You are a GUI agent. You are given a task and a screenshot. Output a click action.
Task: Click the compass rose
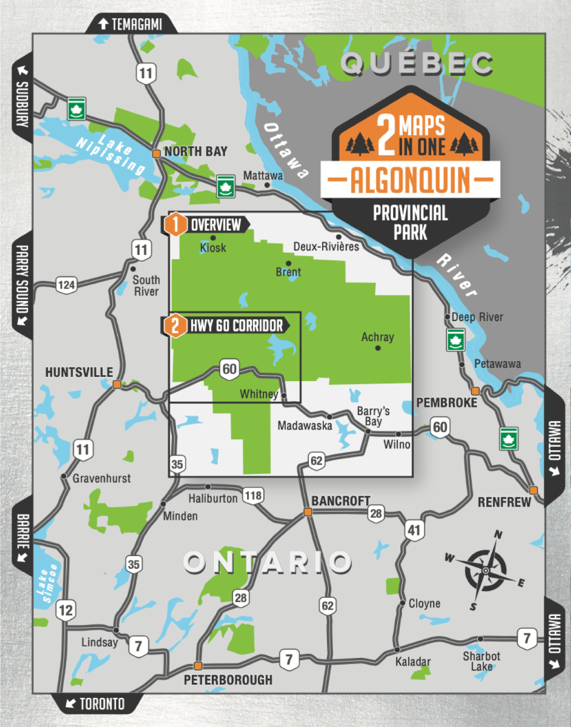click(x=485, y=570)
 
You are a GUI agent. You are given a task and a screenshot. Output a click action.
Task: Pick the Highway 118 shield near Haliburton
click(x=253, y=496)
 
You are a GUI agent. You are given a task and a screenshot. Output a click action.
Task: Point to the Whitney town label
click(x=259, y=394)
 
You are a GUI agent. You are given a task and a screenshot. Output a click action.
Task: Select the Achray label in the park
click(x=377, y=337)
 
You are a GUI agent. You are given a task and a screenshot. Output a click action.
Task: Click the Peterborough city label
click(x=228, y=680)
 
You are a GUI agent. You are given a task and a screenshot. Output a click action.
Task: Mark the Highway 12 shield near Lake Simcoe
click(x=67, y=610)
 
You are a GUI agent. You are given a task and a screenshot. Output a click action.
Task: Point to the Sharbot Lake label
click(x=481, y=661)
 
